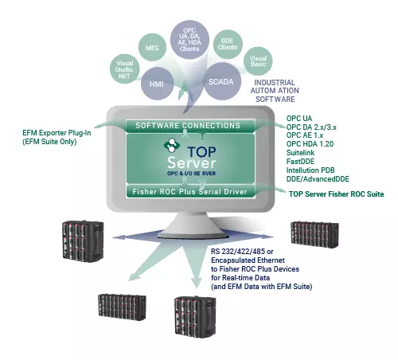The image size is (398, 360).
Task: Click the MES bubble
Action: tap(152, 48)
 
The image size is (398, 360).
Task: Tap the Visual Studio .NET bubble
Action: tap(125, 69)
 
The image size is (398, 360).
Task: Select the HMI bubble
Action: tap(157, 84)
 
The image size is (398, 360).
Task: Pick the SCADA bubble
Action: tap(220, 81)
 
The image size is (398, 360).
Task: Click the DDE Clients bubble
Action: tap(228, 44)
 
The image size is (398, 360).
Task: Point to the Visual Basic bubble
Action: tap(258, 61)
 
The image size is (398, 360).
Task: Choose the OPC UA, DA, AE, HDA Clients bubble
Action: tap(189, 40)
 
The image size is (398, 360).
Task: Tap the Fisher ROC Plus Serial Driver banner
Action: tap(190, 191)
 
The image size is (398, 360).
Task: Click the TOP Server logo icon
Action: tap(172, 145)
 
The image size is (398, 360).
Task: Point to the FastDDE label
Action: tap(300, 162)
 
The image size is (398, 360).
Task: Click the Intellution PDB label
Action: tap(310, 170)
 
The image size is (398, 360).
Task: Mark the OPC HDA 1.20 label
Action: tap(310, 144)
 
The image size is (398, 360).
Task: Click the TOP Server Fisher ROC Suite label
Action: tap(337, 194)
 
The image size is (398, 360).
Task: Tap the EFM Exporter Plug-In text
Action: tap(57, 133)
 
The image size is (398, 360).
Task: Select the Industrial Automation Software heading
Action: tap(275, 91)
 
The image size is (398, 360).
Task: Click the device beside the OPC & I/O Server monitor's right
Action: tap(314, 235)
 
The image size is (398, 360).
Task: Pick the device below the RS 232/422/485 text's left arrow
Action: tap(122, 307)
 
